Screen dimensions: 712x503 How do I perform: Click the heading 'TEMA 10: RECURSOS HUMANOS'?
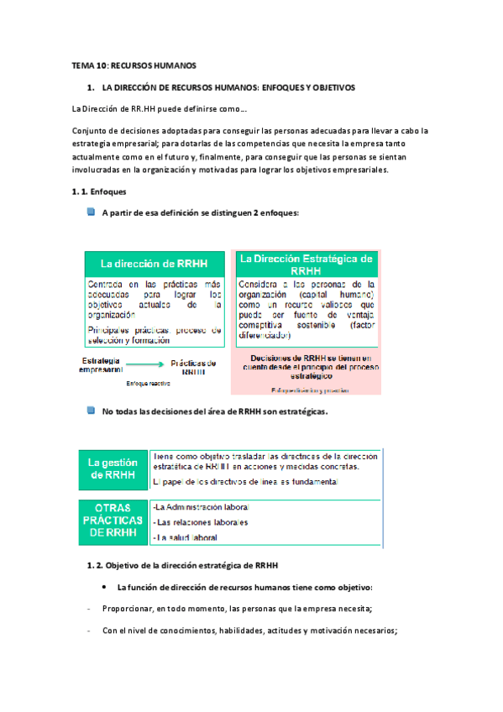[x=133, y=66]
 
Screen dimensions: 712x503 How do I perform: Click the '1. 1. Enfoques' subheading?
[x=98, y=192]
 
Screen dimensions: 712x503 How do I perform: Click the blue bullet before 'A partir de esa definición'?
[x=91, y=212]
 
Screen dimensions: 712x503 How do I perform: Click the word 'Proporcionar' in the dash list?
[x=125, y=609]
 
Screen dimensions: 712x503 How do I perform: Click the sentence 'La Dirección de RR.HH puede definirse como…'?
[x=159, y=109]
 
